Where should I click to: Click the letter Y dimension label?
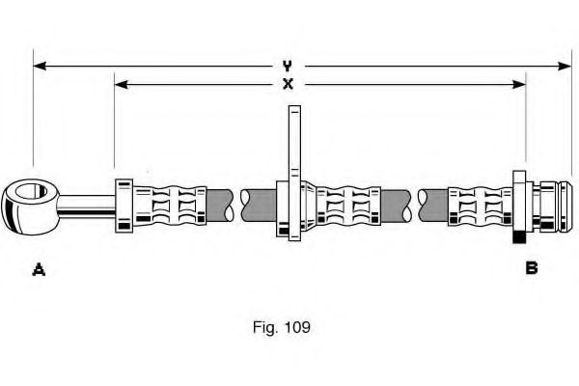click(288, 66)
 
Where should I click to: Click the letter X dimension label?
click(288, 84)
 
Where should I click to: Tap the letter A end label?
click(39, 269)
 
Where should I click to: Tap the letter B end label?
click(531, 268)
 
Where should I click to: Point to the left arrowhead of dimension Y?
click(39, 66)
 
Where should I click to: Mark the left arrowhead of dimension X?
click(120, 84)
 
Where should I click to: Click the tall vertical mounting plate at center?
click(289, 145)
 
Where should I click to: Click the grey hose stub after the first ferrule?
click(219, 202)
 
